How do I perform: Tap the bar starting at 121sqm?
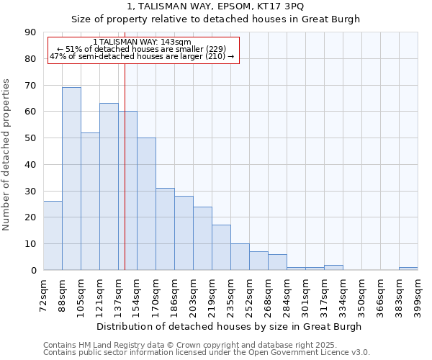click(109, 186)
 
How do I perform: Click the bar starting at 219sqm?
click(221, 248)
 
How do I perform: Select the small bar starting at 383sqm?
click(408, 269)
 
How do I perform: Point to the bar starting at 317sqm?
click(333, 268)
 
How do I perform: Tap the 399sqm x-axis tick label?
click(418, 294)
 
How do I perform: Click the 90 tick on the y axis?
click(30, 32)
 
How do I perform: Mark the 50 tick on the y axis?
click(30, 138)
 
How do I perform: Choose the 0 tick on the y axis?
click(33, 270)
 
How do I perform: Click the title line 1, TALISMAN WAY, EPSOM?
click(215, 6)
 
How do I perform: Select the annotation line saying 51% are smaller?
click(142, 49)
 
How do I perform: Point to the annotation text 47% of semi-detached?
click(142, 56)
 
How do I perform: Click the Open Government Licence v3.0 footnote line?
click(207, 353)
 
